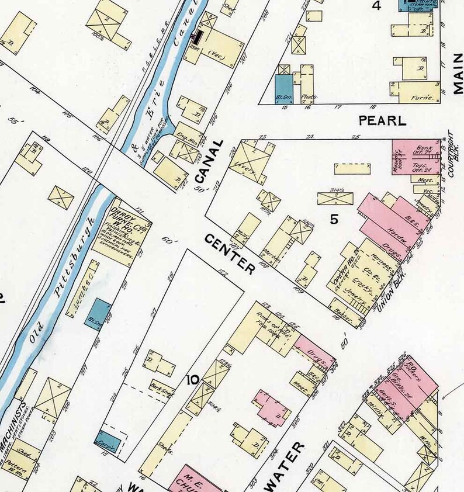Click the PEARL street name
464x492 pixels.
click(x=382, y=121)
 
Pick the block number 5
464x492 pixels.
click(x=334, y=220)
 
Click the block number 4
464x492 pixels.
click(x=377, y=6)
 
